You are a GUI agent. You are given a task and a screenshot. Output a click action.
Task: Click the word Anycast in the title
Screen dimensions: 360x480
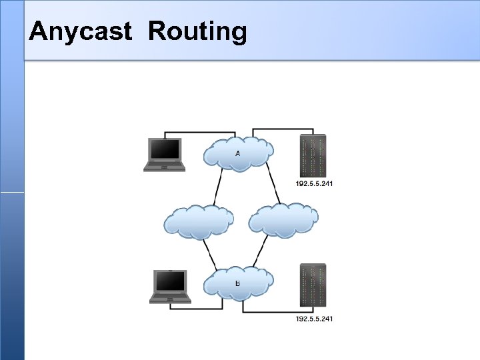[81, 31]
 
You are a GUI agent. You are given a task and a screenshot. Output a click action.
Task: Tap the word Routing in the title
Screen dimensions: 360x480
[197, 32]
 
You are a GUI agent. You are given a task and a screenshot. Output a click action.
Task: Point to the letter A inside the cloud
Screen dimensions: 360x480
[238, 154]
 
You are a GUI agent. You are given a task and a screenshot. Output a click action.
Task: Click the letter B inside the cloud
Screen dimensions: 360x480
[238, 283]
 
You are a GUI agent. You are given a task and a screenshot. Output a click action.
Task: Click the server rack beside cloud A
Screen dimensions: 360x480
[313, 156]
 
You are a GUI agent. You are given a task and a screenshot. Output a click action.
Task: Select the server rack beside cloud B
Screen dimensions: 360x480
[313, 286]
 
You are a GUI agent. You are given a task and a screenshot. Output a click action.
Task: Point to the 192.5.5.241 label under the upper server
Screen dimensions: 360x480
[314, 184]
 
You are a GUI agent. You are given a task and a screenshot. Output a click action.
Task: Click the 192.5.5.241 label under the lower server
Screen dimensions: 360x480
[314, 319]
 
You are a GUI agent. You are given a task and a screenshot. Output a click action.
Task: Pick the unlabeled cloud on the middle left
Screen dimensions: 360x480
[199, 221]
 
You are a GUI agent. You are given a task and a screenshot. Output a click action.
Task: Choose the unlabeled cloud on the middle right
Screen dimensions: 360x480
[283, 219]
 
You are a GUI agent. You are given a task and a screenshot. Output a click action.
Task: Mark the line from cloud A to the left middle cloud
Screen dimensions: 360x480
[218, 187]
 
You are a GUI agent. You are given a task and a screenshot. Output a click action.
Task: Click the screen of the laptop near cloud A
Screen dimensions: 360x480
[165, 149]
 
